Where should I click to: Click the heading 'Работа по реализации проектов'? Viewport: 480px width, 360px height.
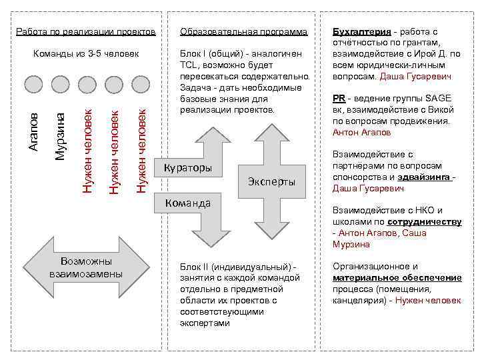tap(86, 31)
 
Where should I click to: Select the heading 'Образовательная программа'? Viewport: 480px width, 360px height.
tap(243, 31)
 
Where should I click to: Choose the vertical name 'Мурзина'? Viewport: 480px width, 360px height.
tap(60, 137)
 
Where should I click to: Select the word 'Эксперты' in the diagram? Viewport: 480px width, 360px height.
tap(271, 182)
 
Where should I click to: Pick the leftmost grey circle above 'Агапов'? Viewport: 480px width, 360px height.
tap(33, 83)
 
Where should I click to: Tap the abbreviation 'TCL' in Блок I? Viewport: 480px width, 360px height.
tap(189, 65)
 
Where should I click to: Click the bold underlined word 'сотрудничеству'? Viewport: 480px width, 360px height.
tap(429, 222)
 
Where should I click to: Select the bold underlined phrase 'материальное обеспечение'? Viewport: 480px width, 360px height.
tap(397, 277)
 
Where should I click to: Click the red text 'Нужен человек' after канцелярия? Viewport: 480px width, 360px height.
tap(428, 300)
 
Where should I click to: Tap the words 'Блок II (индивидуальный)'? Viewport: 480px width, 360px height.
tap(237, 267)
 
